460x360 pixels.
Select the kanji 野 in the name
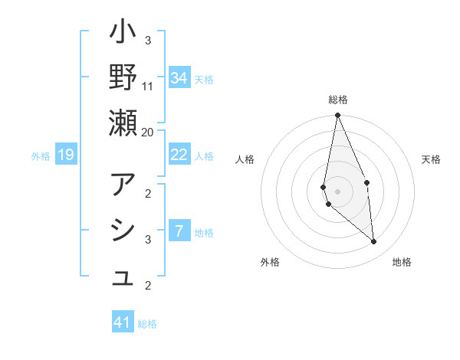(x=123, y=78)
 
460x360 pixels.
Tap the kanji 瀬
(x=123, y=123)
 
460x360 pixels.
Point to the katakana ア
(x=123, y=185)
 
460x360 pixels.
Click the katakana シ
(x=123, y=231)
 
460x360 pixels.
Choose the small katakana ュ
(x=123, y=280)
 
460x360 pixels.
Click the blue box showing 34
(x=179, y=78)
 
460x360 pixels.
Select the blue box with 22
(x=179, y=155)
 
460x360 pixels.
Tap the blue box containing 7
(x=179, y=231)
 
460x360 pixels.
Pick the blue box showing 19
(x=66, y=155)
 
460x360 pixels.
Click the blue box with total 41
(x=123, y=322)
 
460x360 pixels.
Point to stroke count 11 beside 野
(x=148, y=86)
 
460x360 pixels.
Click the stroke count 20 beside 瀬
(x=148, y=132)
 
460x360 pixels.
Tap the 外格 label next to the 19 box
(x=41, y=156)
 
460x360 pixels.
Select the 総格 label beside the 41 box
(x=147, y=324)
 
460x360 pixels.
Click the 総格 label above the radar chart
(x=338, y=100)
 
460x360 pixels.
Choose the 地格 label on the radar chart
(x=402, y=262)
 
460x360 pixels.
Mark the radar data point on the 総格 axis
(x=337, y=116)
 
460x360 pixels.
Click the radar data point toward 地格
(x=373, y=241)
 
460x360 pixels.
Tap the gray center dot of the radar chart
(x=337, y=191)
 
